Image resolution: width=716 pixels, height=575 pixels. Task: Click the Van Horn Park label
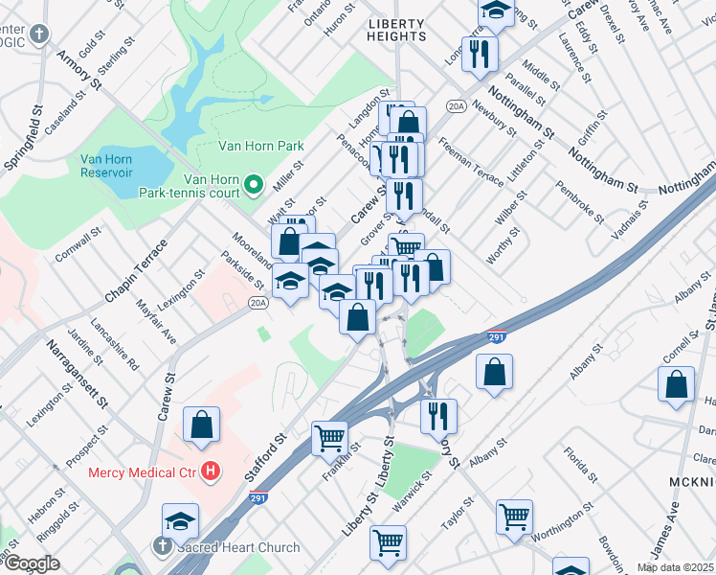tap(261, 146)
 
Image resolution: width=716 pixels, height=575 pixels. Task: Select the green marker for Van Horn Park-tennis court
tap(254, 183)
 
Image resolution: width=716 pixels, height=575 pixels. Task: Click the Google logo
tap(32, 563)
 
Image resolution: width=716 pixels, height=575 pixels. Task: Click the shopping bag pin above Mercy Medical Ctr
tap(202, 425)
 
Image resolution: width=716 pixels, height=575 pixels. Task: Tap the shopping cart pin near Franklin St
tap(329, 438)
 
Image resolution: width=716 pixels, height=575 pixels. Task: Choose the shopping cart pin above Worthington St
tap(514, 517)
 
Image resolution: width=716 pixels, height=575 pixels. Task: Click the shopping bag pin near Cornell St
tap(676, 383)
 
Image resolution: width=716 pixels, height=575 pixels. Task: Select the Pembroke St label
tap(581, 201)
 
